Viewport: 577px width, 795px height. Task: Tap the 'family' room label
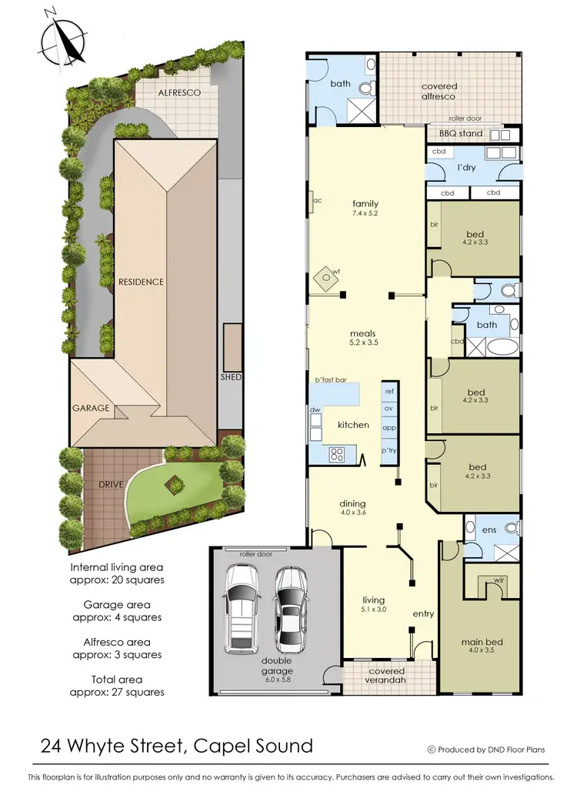(365, 204)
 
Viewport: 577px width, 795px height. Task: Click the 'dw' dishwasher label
(315, 411)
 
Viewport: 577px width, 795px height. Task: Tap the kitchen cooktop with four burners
(336, 454)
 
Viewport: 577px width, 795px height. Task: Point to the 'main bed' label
(478, 642)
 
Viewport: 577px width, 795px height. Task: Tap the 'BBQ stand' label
(461, 134)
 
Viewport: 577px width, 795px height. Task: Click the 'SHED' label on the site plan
(231, 378)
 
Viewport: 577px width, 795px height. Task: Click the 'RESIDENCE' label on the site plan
(141, 282)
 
